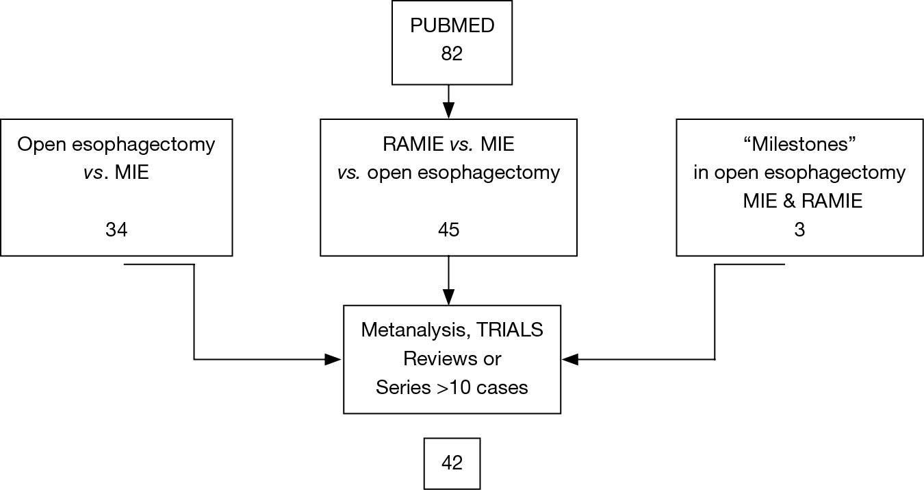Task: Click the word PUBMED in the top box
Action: point(452,26)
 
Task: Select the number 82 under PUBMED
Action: point(452,53)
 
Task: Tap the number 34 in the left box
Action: point(116,230)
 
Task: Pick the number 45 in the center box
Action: point(448,230)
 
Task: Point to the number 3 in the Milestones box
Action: point(799,230)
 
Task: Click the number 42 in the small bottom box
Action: point(452,463)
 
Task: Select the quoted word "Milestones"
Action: point(799,145)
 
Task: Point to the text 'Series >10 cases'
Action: point(452,387)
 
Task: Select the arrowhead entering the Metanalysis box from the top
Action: point(448,297)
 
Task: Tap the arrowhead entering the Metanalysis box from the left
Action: point(333,359)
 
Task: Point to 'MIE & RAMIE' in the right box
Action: point(799,201)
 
